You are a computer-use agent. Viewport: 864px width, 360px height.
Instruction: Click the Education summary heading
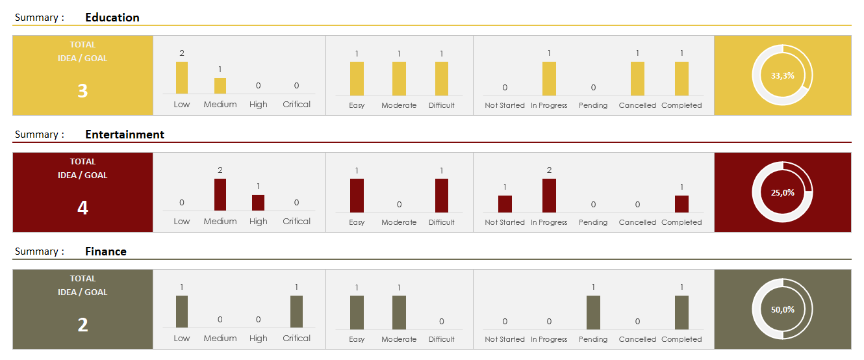pyautogui.click(x=112, y=18)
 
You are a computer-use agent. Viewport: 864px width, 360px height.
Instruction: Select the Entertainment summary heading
pyautogui.click(x=125, y=135)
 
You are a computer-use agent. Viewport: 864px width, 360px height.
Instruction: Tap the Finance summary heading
pyautogui.click(x=106, y=251)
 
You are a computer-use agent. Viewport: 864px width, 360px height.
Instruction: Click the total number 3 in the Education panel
pyautogui.click(x=83, y=91)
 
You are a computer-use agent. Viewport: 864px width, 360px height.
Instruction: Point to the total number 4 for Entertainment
pyautogui.click(x=83, y=208)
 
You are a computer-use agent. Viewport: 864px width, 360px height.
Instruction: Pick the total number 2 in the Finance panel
pyautogui.click(x=83, y=325)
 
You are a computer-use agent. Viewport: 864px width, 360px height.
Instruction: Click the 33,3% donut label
pyautogui.click(x=782, y=75)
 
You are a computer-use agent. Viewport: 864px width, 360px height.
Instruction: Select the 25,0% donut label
pyautogui.click(x=782, y=192)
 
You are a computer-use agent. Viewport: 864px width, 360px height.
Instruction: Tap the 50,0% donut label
pyautogui.click(x=782, y=309)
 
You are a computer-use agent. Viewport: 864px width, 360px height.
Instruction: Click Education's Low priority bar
pyautogui.click(x=182, y=77)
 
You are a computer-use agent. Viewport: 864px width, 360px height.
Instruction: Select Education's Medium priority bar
pyautogui.click(x=220, y=86)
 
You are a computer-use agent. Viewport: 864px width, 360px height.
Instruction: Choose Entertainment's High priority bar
pyautogui.click(x=258, y=203)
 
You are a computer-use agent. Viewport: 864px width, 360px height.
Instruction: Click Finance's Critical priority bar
pyautogui.click(x=296, y=311)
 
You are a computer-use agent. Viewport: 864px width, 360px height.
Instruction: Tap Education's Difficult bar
pyautogui.click(x=442, y=79)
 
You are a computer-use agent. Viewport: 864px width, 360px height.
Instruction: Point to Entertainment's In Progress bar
pyautogui.click(x=549, y=196)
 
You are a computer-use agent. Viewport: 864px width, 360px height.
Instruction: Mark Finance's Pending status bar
pyautogui.click(x=593, y=313)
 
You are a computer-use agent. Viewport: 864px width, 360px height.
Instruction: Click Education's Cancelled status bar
pyautogui.click(x=637, y=79)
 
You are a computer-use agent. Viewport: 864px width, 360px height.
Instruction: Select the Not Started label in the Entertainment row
pyautogui.click(x=505, y=222)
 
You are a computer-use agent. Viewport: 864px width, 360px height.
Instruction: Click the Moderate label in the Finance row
pyautogui.click(x=399, y=339)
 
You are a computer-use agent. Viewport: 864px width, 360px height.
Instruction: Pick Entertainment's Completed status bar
pyautogui.click(x=681, y=204)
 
